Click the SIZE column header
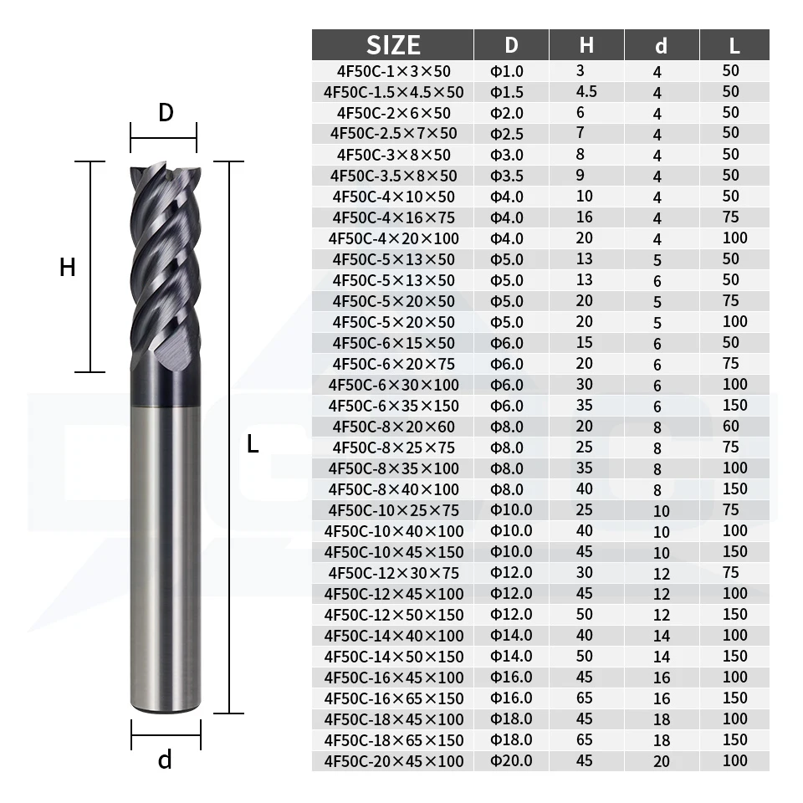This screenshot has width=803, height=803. [393, 45]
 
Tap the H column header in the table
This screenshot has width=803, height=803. [586, 45]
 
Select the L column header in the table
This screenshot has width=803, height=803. [734, 45]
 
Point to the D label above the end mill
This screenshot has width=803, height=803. [166, 112]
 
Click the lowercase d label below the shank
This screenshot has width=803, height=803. [165, 760]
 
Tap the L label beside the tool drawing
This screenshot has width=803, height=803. [253, 444]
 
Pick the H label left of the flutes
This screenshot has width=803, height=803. [68, 267]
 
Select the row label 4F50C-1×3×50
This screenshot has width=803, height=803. [393, 71]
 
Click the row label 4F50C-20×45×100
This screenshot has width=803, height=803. [393, 761]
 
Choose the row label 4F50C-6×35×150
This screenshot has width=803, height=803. [393, 407]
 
